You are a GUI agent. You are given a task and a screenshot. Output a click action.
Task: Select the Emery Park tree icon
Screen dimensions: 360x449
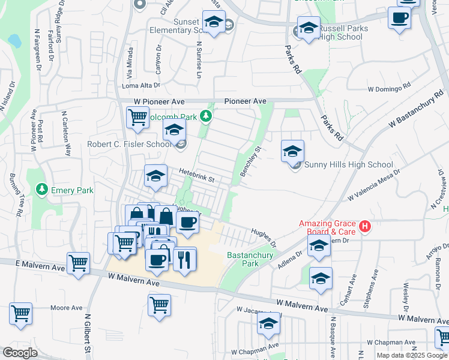tap(42, 190)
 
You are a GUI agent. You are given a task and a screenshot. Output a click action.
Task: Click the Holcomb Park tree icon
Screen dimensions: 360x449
tap(206, 115)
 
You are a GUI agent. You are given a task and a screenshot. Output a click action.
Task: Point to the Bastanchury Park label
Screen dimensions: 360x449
tap(250, 259)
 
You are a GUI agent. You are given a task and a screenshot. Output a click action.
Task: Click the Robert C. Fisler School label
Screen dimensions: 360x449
tap(130, 144)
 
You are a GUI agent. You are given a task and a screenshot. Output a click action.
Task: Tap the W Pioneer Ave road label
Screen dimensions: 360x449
tap(157, 102)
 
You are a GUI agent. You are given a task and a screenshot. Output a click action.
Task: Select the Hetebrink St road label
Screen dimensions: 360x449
tap(197, 175)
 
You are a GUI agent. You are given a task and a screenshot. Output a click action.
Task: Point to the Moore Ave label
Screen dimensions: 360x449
tap(66, 308)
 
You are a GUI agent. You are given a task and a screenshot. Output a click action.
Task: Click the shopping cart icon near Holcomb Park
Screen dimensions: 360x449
tap(137, 117)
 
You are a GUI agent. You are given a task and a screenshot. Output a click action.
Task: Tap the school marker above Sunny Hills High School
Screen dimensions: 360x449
tap(292, 151)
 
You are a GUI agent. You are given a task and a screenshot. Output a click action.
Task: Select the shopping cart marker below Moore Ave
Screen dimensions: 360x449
tap(20, 313)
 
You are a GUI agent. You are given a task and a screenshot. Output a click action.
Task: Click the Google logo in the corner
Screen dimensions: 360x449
tap(20, 353)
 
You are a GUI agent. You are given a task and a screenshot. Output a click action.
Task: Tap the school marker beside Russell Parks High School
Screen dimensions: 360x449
tap(309, 28)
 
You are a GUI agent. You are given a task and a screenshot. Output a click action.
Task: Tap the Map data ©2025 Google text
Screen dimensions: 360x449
tap(411, 355)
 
